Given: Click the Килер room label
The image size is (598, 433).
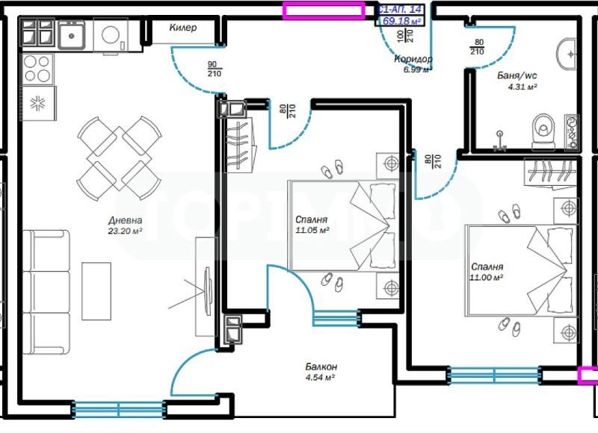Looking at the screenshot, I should [x=182, y=28].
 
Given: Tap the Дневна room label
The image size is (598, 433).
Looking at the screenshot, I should [x=125, y=220].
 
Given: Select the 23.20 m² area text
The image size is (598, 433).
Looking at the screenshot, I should [x=125, y=231].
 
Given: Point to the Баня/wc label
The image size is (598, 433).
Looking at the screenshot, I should [x=517, y=75].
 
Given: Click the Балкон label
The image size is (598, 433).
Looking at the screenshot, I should [x=321, y=367].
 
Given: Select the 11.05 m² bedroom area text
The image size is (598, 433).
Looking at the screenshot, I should [x=312, y=231].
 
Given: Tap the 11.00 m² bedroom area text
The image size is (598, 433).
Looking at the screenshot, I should [x=486, y=277].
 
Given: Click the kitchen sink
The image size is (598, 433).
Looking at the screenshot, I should [x=73, y=34].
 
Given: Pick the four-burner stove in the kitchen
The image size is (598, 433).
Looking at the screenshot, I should [x=37, y=69].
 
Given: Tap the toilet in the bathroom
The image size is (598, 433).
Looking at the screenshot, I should [x=540, y=130].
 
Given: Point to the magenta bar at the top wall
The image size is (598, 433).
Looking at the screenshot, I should [x=323, y=10].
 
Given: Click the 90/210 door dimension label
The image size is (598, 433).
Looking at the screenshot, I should [x=213, y=69].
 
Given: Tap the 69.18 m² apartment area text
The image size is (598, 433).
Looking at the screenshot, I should [x=401, y=22].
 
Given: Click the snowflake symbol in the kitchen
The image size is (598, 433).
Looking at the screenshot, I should [x=37, y=104].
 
